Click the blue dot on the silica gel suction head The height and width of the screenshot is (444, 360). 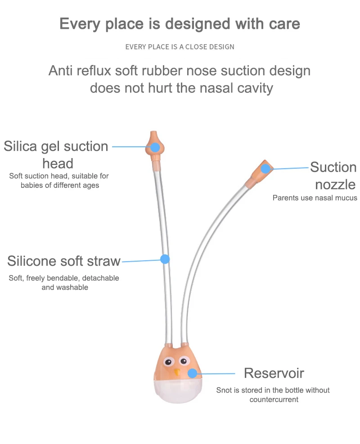click(155, 147)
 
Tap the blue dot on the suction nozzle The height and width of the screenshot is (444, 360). click(266, 169)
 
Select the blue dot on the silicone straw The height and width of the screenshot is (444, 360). click(165, 259)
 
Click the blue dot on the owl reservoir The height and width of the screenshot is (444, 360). click(192, 373)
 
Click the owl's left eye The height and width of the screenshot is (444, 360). click(169, 362)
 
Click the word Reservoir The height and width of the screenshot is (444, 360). click(274, 373)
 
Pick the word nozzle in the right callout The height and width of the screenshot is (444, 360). click(335, 184)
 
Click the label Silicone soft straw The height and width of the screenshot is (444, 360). click(64, 261)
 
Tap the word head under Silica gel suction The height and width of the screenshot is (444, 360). click(58, 163)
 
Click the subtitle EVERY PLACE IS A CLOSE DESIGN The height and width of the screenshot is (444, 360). click(180, 47)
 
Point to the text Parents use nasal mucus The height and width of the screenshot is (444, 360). click(315, 198)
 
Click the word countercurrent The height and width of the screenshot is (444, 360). click(274, 399)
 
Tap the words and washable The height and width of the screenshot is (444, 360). click(64, 287)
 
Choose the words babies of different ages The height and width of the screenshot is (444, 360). click(60, 185)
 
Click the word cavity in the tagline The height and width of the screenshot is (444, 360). click(255, 87)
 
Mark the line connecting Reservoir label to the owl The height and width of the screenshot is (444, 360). click(216, 373)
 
